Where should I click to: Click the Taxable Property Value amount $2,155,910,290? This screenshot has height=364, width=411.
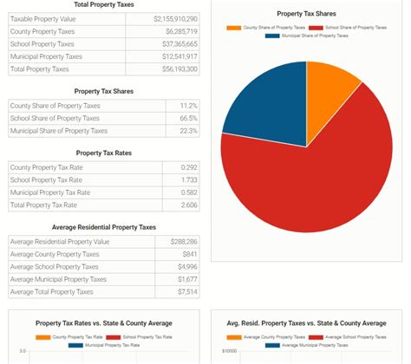click(x=175, y=18)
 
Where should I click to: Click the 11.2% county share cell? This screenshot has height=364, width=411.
click(x=188, y=106)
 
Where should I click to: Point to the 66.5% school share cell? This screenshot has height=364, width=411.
click(x=188, y=118)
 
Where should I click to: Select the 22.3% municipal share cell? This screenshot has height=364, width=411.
click(x=188, y=131)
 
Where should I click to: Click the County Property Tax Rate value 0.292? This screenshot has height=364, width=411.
click(x=189, y=167)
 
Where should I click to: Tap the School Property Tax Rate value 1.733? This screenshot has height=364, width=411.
click(x=189, y=180)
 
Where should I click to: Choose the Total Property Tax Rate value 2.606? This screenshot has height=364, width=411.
click(x=189, y=205)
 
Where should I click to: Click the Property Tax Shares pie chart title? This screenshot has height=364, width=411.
click(x=307, y=14)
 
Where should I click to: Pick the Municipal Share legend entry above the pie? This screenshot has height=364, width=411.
click(x=307, y=36)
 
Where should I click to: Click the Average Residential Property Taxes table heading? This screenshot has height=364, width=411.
click(x=103, y=227)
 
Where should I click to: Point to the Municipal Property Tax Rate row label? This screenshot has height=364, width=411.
click(x=50, y=192)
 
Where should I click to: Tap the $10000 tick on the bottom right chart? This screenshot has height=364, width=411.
click(x=231, y=352)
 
